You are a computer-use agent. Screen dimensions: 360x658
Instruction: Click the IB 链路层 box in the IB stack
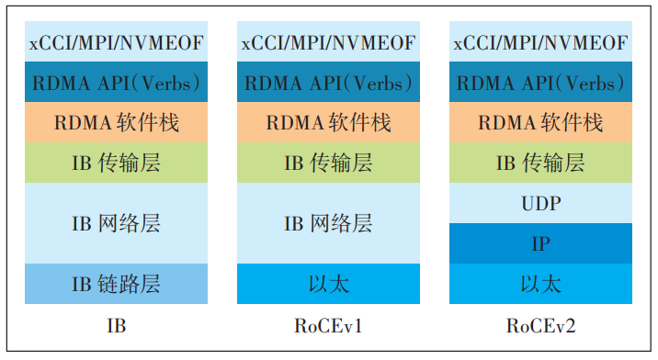116,284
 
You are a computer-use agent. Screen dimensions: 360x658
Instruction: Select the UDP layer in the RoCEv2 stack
540,203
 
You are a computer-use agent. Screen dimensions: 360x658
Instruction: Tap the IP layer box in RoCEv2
540,243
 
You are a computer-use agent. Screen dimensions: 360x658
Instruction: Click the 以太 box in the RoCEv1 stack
328,284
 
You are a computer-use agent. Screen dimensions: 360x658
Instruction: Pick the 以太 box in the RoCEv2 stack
540,284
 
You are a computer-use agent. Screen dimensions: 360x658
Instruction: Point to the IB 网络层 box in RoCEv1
328,223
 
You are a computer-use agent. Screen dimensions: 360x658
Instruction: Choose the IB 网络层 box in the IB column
116,223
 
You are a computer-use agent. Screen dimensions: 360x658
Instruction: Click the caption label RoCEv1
328,326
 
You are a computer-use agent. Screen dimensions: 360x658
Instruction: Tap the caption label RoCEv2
540,326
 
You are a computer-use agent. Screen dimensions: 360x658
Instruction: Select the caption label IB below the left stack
116,326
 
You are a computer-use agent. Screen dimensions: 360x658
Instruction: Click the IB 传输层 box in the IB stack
116,163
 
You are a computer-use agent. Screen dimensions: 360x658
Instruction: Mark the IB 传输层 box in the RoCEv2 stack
540,163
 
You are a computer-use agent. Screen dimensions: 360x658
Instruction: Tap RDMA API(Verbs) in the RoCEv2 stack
540,83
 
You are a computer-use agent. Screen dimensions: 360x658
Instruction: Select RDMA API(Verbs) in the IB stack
116,83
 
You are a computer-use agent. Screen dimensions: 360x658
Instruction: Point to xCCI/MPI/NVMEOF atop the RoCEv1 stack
328,42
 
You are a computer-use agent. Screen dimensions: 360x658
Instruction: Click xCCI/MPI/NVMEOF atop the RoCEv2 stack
540,42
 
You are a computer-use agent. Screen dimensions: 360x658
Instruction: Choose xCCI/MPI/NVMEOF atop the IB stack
116,42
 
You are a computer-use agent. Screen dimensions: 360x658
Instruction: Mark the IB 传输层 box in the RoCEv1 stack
328,163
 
